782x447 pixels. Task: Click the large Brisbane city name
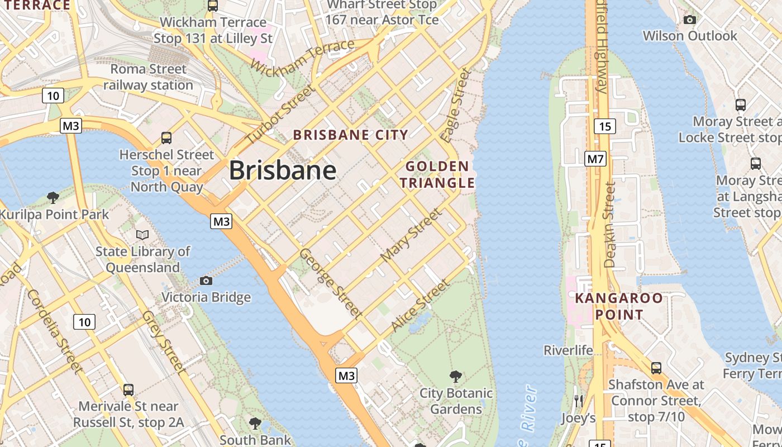tap(283, 170)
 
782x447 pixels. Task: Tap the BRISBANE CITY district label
tap(351, 135)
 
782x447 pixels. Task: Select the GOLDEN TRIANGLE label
tap(437, 174)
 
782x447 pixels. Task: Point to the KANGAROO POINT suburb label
tap(618, 306)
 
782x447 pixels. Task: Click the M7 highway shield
tap(595, 159)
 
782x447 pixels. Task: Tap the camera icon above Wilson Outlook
tap(690, 20)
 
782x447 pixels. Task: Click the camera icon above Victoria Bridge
tap(206, 280)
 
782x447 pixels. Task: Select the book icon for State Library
tap(142, 235)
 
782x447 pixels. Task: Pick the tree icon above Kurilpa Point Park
tap(53, 197)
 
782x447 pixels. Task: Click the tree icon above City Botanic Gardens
tap(456, 376)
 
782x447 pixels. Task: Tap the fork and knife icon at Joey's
tap(578, 401)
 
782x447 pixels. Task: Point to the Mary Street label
tap(411, 235)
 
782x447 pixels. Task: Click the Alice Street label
tap(420, 305)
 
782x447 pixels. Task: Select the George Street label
tap(331, 283)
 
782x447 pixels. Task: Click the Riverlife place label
tap(568, 350)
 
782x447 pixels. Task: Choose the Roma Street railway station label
tap(148, 77)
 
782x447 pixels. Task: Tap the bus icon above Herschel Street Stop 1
tap(166, 137)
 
